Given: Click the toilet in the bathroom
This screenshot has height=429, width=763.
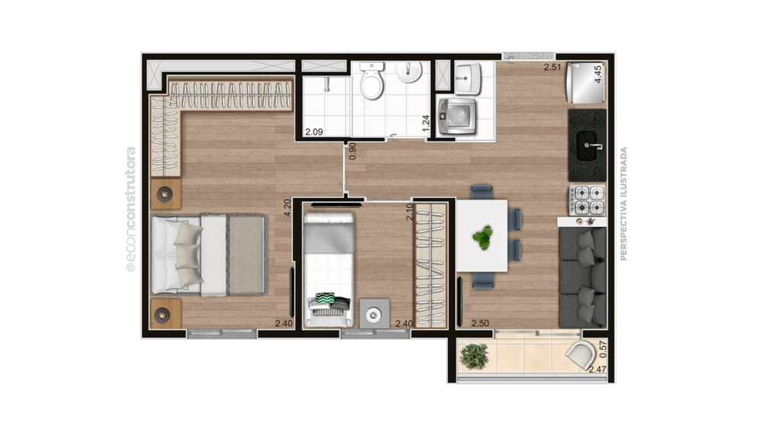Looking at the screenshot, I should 372,82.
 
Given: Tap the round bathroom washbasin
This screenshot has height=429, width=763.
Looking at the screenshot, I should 410,74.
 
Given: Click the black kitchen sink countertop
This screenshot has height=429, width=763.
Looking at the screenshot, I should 587,135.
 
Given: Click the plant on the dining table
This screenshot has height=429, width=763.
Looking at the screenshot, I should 481,239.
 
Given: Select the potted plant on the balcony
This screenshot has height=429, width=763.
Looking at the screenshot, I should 475,355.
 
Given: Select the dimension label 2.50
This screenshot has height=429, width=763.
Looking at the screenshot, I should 480,324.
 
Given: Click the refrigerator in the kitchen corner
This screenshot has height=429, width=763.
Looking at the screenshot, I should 585,83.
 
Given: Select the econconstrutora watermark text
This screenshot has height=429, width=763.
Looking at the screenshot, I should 130,210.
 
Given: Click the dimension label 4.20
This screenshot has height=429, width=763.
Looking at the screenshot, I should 288,208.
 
